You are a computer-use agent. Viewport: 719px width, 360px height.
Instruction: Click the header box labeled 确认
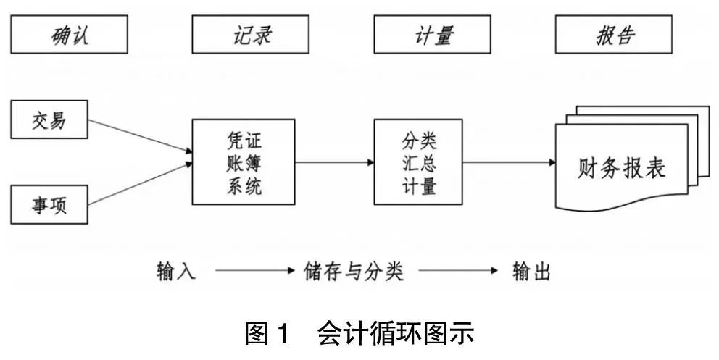point(70,34)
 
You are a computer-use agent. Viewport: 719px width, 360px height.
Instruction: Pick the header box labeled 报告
point(614,34)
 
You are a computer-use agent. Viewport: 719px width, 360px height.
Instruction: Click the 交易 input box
point(49,120)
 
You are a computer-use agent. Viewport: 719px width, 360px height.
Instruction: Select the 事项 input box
point(49,204)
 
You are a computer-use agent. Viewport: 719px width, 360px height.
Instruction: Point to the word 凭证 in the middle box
point(244,138)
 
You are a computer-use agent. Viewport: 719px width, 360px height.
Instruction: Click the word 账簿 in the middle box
point(244,162)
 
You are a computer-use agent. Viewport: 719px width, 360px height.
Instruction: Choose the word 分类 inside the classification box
point(419,138)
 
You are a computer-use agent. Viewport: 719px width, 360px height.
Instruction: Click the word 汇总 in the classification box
point(419,162)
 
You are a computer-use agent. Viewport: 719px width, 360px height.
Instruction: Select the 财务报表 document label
point(621,169)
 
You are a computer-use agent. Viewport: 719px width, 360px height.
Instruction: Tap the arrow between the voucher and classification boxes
point(334,162)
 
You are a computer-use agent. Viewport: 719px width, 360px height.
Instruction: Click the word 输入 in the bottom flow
point(176,272)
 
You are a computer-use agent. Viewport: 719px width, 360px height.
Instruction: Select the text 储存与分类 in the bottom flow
point(354,272)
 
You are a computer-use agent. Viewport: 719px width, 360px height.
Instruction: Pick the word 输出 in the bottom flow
point(531,272)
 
